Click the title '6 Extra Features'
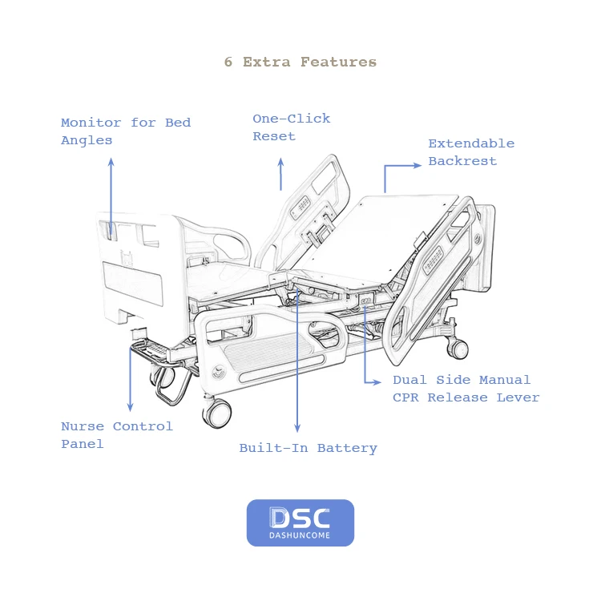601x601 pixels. pyautogui.click(x=300, y=63)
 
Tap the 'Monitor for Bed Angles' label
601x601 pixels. pyautogui.click(x=126, y=131)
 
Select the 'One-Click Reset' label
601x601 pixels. pyautogui.click(x=291, y=127)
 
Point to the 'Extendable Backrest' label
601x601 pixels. pyautogui.click(x=470, y=152)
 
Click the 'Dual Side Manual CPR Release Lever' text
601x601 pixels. pyautogui.click(x=466, y=389)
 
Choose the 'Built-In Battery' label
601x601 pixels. pyautogui.click(x=308, y=448)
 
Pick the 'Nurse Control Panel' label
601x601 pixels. pyautogui.click(x=117, y=435)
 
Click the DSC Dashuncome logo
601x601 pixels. pyautogui.click(x=300, y=522)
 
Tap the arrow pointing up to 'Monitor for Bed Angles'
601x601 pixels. pyautogui.click(x=111, y=196)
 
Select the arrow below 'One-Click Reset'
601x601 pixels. pyautogui.click(x=280, y=174)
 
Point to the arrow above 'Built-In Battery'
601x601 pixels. pyautogui.click(x=297, y=361)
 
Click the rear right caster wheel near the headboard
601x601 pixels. pyautogui.click(x=458, y=348)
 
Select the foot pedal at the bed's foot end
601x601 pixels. pyautogui.click(x=152, y=351)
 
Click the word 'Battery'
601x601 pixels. pyautogui.click(x=347, y=448)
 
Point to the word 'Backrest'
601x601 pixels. pyautogui.click(x=462, y=161)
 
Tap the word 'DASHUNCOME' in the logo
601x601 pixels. pyautogui.click(x=300, y=534)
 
